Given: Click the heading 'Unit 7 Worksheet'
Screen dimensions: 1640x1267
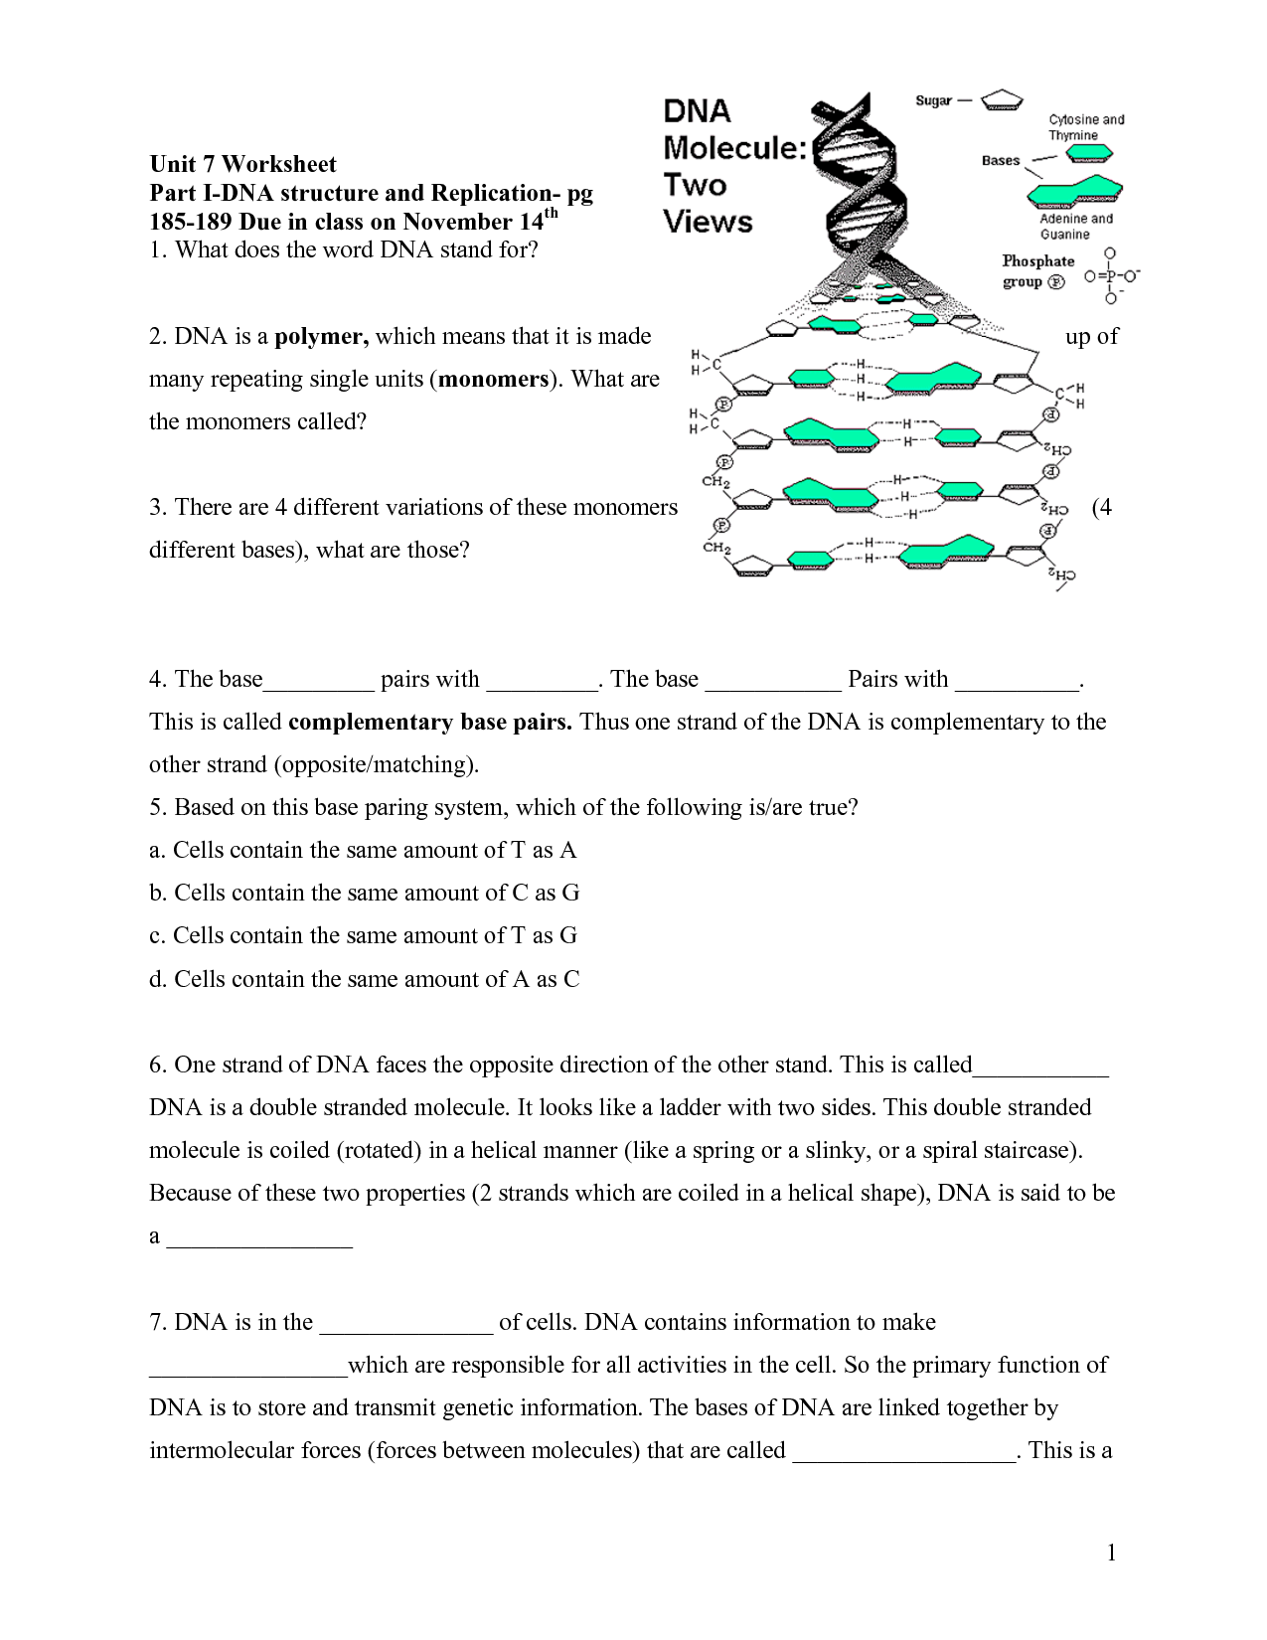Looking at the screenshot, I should pyautogui.click(x=242, y=164).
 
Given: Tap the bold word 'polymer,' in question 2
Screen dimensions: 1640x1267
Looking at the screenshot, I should pyautogui.click(x=321, y=336).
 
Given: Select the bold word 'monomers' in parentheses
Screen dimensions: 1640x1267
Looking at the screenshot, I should pyautogui.click(x=493, y=379).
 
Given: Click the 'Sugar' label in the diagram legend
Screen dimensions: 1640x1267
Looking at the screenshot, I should pyautogui.click(x=933, y=100).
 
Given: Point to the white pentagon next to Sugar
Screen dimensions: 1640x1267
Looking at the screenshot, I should pyautogui.click(x=1002, y=100).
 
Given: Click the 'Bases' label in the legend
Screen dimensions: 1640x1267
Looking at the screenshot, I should pyautogui.click(x=1000, y=160).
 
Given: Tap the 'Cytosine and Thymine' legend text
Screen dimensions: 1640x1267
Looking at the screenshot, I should pyautogui.click(x=1085, y=127).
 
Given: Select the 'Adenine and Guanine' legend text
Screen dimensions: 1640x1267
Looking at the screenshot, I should pyautogui.click(x=1075, y=227).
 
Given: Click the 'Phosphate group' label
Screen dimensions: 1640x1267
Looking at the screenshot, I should pyautogui.click(x=1036, y=270).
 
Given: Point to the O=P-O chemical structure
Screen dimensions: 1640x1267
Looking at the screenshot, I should pyautogui.click(x=1111, y=276).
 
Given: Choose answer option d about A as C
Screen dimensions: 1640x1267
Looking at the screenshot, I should pyautogui.click(x=364, y=979).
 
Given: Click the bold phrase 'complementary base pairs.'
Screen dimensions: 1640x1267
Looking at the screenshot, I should pyautogui.click(x=429, y=722).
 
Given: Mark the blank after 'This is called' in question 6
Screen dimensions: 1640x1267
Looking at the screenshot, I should pyautogui.click(x=1039, y=1067).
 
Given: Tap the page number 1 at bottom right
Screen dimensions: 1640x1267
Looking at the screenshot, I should pyautogui.click(x=1111, y=1553).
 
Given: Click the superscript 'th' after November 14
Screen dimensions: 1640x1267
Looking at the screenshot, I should pyautogui.click(x=552, y=213).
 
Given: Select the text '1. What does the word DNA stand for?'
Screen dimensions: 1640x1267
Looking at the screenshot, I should pyautogui.click(x=344, y=249).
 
